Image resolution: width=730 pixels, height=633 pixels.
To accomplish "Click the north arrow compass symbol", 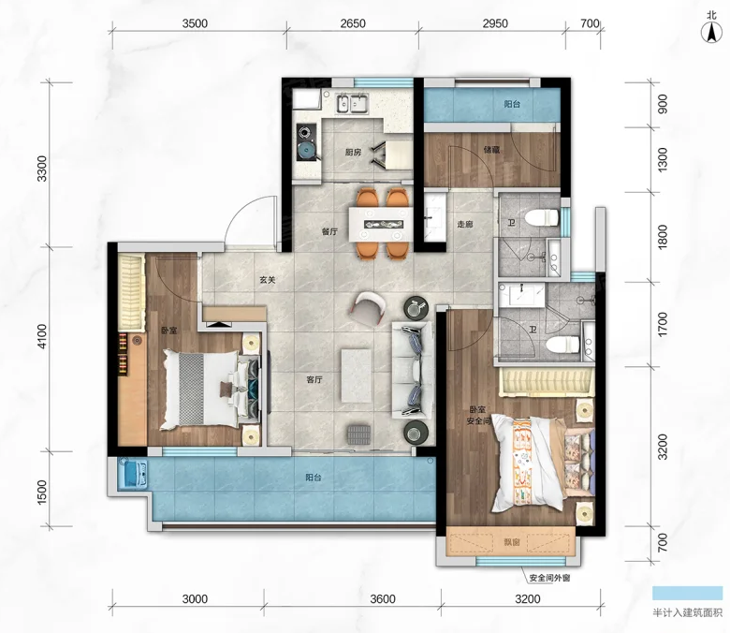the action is (x=711, y=33).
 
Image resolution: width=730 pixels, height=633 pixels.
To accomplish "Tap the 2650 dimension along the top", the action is (x=353, y=23).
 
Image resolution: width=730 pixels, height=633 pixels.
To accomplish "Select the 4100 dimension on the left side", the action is (x=42, y=337).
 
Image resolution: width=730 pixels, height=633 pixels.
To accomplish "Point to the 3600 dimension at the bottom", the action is (x=383, y=598).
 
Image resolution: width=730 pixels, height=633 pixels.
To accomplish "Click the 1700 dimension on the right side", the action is (x=663, y=325).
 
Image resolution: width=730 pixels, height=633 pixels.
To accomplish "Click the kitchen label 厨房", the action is (x=353, y=152).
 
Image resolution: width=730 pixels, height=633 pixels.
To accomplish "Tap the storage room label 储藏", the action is (x=491, y=150).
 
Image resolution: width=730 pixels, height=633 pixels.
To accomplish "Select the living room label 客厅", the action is (x=314, y=379).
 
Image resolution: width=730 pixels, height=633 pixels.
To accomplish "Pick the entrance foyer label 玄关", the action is (x=268, y=280).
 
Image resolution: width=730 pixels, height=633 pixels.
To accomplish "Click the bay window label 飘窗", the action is (x=511, y=542).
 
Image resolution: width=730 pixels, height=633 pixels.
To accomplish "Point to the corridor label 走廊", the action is (x=464, y=224).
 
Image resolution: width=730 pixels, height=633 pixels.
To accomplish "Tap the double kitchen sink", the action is (x=352, y=103).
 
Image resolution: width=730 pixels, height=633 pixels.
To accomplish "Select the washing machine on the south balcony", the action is (x=133, y=474).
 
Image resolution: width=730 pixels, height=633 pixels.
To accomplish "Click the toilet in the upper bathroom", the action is (x=541, y=217).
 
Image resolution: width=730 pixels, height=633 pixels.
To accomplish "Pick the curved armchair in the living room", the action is (x=369, y=308).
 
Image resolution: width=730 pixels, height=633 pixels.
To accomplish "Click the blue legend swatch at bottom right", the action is (x=687, y=593).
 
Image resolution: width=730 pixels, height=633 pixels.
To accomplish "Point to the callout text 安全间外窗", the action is (x=549, y=578).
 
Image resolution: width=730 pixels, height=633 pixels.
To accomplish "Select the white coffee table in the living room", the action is (x=357, y=375).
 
